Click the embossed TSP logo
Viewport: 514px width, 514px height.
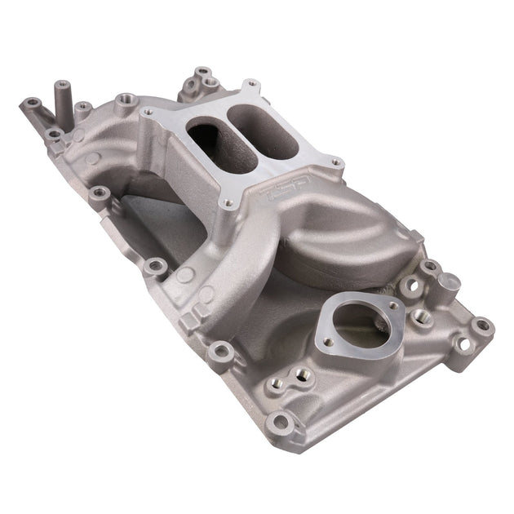(x=277, y=194)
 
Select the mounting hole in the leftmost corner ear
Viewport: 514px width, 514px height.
(x=32, y=104)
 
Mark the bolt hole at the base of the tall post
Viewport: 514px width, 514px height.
(x=52, y=133)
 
